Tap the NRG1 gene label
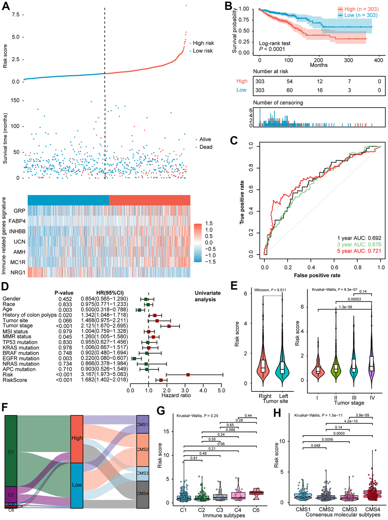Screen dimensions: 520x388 pyautogui.click(x=18, y=272)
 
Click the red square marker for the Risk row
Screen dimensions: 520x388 pyautogui.click(x=188, y=374)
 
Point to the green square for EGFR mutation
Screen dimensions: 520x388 pyautogui.click(x=134, y=358)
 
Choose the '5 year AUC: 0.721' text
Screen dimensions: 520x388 pyautogui.click(x=359, y=251)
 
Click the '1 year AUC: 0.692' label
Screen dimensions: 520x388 pyautogui.click(x=359, y=238)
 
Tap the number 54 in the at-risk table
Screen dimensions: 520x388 pyautogui.click(x=289, y=81)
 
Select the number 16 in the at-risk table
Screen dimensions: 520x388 pyautogui.click(x=320, y=90)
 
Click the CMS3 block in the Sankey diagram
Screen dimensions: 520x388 pyautogui.click(x=143, y=473)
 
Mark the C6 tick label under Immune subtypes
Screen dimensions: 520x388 pyautogui.click(x=256, y=510)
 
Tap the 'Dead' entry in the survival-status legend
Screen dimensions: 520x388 pyautogui.click(x=206, y=147)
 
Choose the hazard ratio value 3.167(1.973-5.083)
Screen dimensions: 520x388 pyautogui.click(x=104, y=374)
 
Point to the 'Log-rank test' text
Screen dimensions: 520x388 pyautogui.click(x=275, y=43)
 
